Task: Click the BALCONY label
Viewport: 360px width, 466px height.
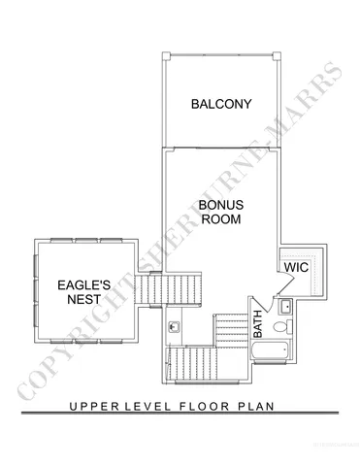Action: coord(221,104)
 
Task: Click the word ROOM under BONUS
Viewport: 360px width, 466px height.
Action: coord(220,219)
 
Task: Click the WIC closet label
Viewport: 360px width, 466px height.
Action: coord(295,265)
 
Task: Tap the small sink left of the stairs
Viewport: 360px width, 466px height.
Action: coord(175,327)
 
